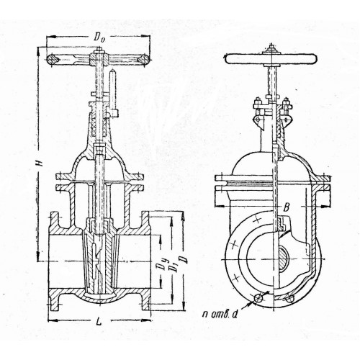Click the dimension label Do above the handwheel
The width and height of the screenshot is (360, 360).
[x=99, y=37]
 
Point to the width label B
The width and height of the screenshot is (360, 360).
[x=286, y=207]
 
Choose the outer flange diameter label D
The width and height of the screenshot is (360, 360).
[x=185, y=261]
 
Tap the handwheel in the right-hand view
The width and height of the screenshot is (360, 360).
[x=271, y=59]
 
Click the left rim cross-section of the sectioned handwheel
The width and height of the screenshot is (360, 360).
[x=52, y=59]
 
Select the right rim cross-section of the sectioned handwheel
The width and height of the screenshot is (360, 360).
[x=143, y=59]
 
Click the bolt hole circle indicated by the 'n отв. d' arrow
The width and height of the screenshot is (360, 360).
[x=259, y=298]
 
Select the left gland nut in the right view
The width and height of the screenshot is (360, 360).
[x=257, y=103]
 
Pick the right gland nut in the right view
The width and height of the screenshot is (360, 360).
[x=287, y=103]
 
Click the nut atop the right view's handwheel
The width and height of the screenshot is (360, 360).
[x=271, y=49]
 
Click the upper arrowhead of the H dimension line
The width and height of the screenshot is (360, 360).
[x=38, y=50]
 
